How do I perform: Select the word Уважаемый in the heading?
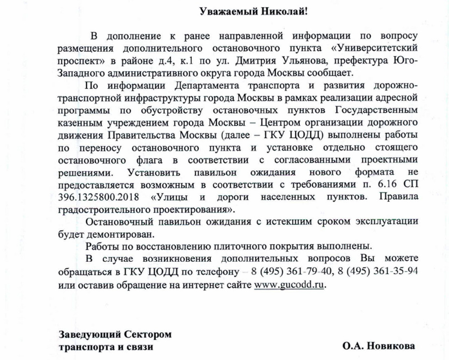(230, 12)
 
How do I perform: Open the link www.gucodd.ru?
(288, 284)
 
